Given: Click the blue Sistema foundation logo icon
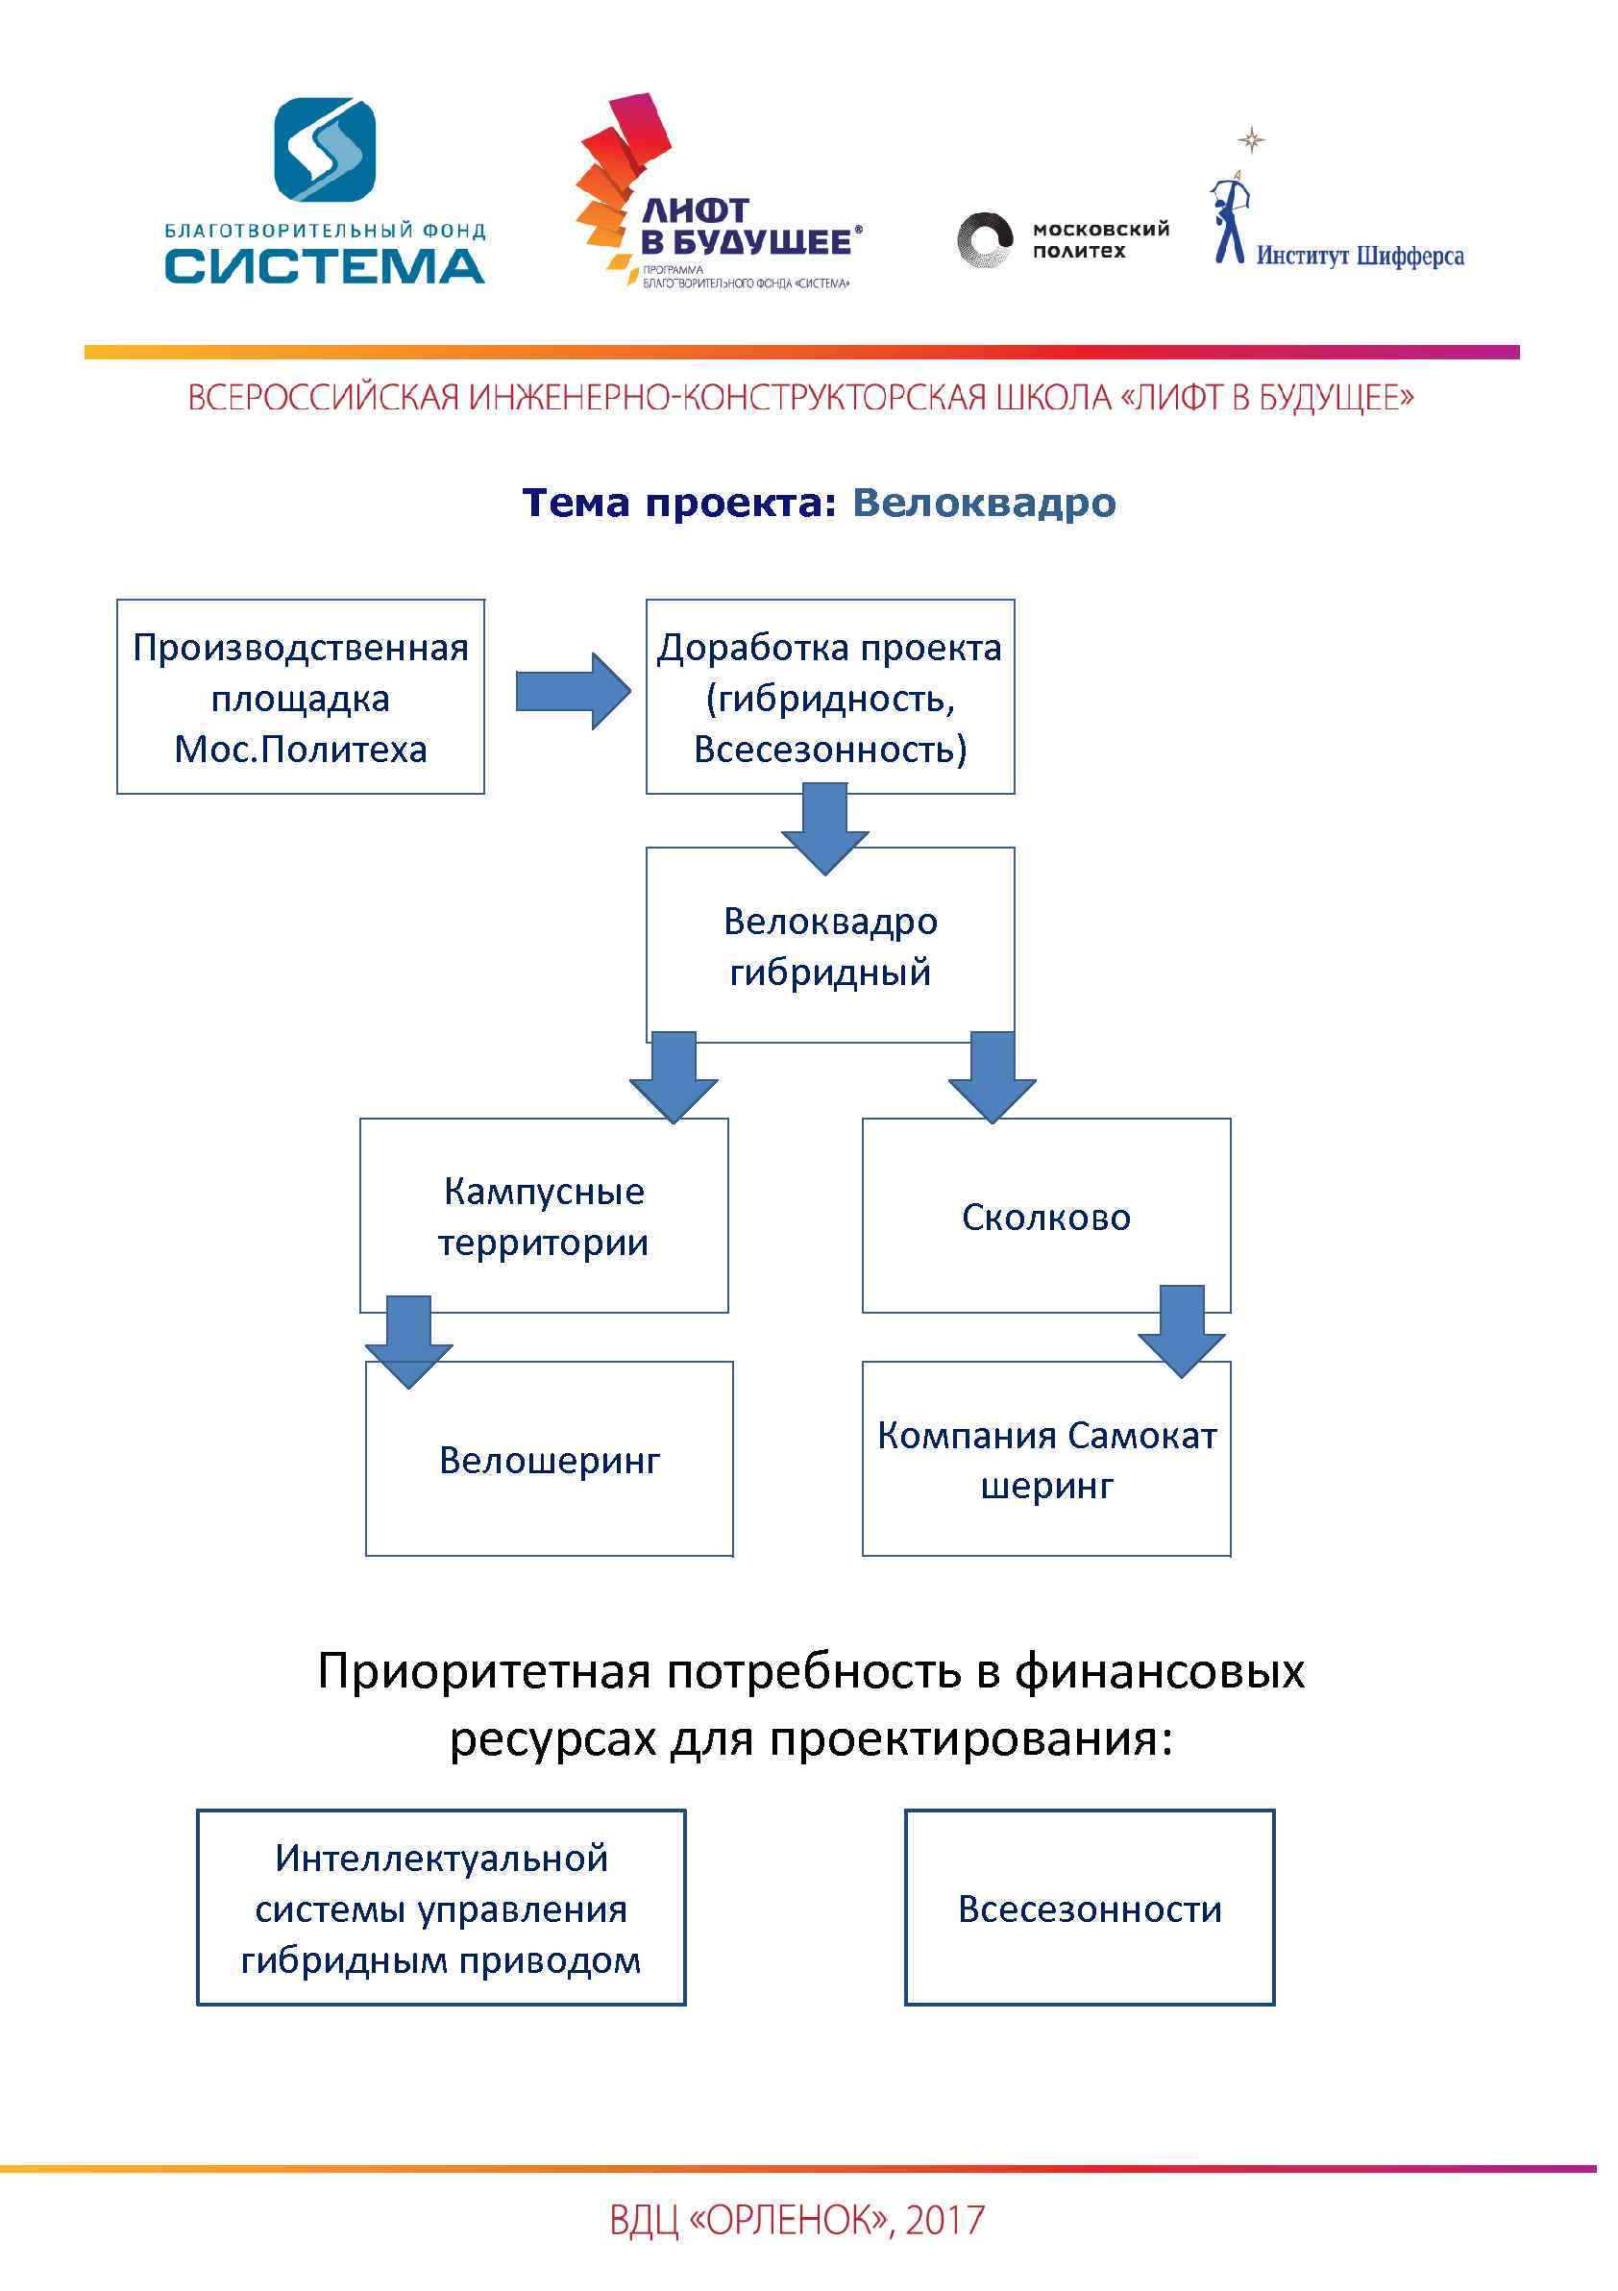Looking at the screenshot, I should coord(325,151).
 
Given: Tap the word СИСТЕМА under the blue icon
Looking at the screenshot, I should coord(325,266).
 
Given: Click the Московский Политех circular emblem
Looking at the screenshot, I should coord(984,240).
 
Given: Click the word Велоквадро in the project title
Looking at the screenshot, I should coord(984,503).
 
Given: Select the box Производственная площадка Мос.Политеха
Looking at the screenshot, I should coord(301,698).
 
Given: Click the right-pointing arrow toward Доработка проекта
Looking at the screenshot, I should coord(573,692).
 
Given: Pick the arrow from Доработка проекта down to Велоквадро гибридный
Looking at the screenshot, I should coord(825,827).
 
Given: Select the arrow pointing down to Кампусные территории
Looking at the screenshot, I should coord(674,1076).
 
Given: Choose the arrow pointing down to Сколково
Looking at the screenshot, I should coord(992,1076).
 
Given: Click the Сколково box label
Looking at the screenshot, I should coord(1045,1218).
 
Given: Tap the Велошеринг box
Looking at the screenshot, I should coord(549,1461).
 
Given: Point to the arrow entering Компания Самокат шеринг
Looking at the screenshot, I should coord(1181,1331).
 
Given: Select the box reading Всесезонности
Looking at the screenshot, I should coord(1090,1909).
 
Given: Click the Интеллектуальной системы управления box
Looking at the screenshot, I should coord(441,1909).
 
